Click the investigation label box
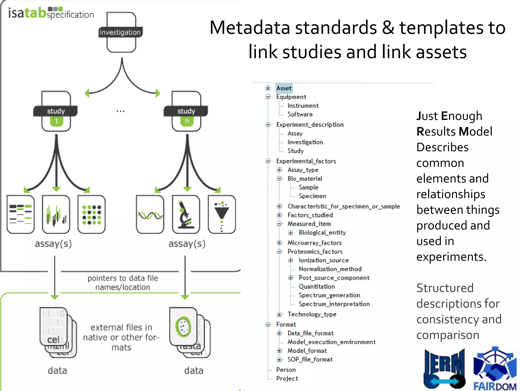tap(120, 32)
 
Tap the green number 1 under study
tap(56, 121)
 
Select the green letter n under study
tap(187, 121)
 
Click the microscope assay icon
tap(186, 215)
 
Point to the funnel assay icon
tap(221, 215)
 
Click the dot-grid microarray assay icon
tap(92, 215)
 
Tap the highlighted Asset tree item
tap(284, 88)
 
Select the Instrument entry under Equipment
tap(303, 106)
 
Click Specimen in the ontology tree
tap(312, 196)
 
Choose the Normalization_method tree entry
tap(330, 269)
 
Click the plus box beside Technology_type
tap(279, 315)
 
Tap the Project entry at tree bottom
tap(287, 379)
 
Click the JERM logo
tap(444, 369)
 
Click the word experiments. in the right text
tap(451, 257)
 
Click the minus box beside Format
tap(268, 324)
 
